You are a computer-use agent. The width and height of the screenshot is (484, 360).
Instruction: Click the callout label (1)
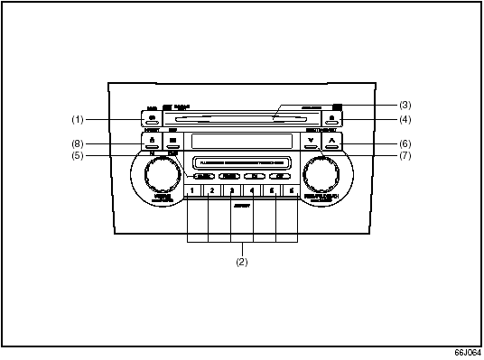[78, 119]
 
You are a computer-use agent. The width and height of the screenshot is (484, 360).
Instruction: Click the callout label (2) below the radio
[241, 263]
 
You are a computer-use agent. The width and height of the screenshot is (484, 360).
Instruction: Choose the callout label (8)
[78, 143]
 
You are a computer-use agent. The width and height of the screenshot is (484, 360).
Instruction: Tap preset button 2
[211, 191]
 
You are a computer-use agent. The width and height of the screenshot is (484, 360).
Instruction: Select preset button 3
[231, 191]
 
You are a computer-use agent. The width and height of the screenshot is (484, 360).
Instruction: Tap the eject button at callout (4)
[333, 118]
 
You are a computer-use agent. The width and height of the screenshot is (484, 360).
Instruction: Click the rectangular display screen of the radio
[242, 141]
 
